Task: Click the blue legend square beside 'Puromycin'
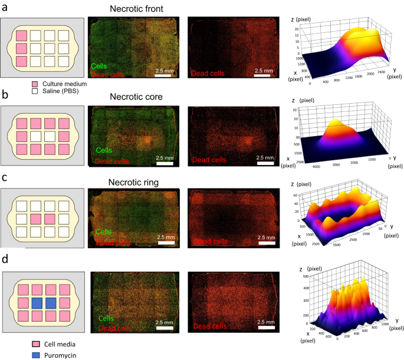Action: (20, 355)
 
